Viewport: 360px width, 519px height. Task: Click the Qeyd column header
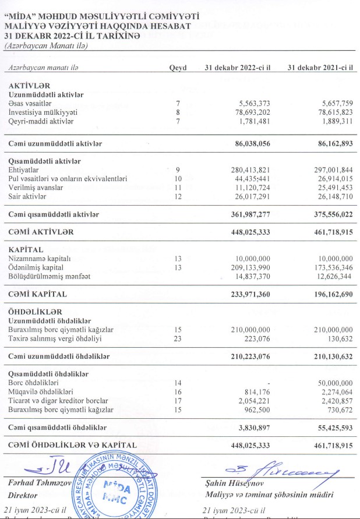178,68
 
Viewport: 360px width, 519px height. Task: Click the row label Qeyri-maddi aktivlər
42,121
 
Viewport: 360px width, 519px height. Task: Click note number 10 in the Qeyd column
178,178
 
